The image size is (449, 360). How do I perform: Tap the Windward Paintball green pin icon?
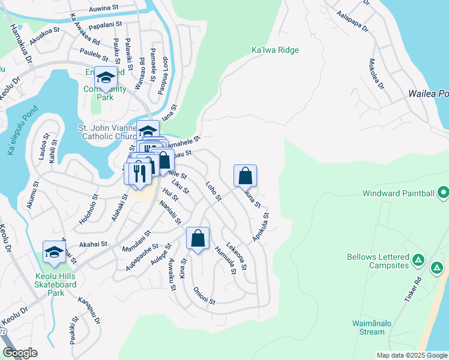click(443, 193)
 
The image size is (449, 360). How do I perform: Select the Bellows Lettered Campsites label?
click(378, 261)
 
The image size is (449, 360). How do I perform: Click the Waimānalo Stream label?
click(368, 328)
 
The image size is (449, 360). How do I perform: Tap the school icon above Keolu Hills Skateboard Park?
click(54, 252)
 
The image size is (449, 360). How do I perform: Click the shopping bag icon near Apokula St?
click(245, 176)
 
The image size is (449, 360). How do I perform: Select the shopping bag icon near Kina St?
click(197, 238)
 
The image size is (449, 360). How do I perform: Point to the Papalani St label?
click(105, 26)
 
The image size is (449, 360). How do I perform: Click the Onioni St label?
click(203, 296)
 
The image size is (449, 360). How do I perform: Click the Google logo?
click(19, 353)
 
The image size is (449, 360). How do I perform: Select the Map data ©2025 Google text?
click(411, 355)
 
